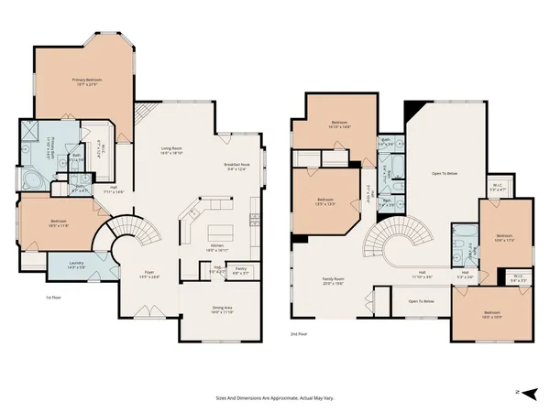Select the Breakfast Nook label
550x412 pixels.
click(x=236, y=167)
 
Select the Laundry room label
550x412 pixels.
click(x=75, y=266)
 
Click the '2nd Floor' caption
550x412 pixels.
click(x=298, y=335)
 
